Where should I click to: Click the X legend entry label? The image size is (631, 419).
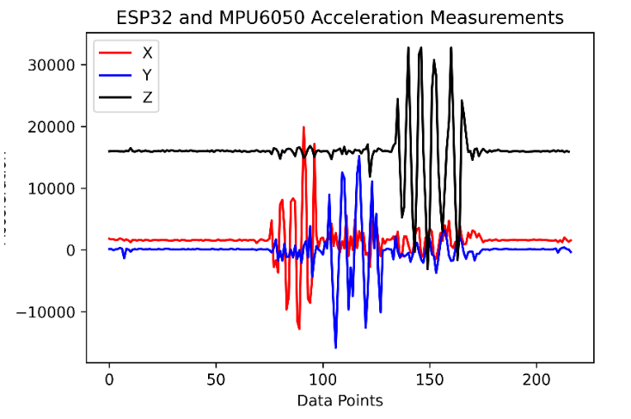pos(147,52)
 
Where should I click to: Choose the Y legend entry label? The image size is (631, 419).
pos(147,75)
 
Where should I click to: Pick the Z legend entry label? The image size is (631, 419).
pos(147,97)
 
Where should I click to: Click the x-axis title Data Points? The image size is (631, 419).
pos(340,400)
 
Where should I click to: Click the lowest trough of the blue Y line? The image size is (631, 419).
pos(335,348)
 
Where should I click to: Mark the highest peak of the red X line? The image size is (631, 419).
pos(303,127)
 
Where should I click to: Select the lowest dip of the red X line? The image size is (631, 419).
pos(299,329)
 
